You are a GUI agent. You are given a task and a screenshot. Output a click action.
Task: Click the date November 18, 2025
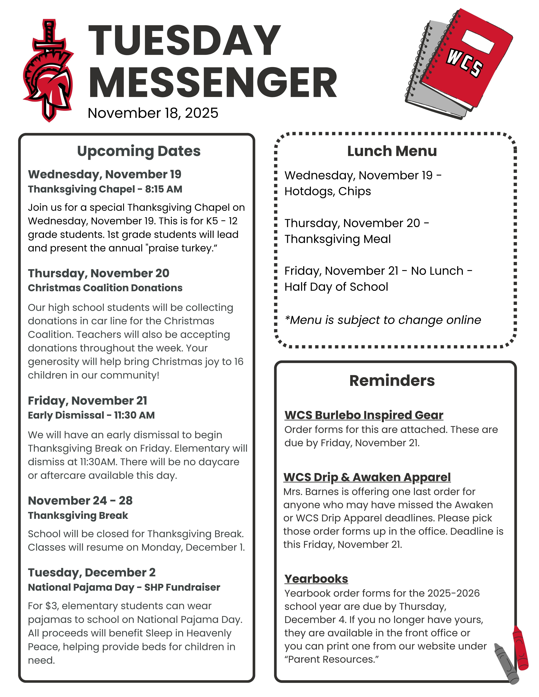tap(153, 113)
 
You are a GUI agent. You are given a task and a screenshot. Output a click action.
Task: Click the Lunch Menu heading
tap(392, 151)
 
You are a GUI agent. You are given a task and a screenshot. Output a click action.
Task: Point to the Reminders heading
tap(392, 380)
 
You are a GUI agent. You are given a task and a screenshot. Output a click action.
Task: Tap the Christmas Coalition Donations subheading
tap(105, 288)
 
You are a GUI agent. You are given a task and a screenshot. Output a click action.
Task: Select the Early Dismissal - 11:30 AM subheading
tap(91, 415)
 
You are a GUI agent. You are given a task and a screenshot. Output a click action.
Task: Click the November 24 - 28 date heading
tap(80, 500)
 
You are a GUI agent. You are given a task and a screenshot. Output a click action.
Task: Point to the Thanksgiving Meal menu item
tap(337, 239)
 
